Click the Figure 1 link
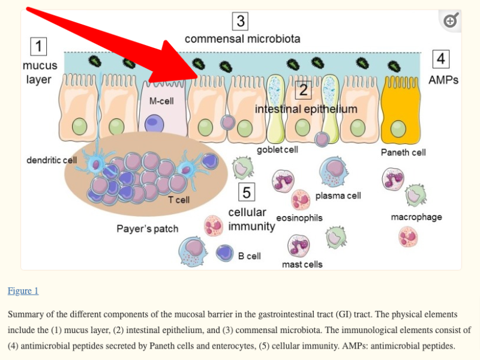coord(23,291)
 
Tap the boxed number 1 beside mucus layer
coord(39,46)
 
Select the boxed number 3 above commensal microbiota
coord(241,22)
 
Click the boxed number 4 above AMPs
coord(441,59)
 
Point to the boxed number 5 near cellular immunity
coord(247,192)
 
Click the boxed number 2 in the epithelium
coord(304,90)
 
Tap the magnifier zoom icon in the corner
coord(451,21)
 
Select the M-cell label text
coord(161,101)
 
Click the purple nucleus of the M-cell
coord(155,123)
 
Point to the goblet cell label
coord(277,150)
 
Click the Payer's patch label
coord(147,229)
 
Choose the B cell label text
coord(249,256)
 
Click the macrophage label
coord(416,217)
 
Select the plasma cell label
coord(338,196)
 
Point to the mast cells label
coord(302,264)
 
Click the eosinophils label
coord(299,218)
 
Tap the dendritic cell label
coord(52,160)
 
